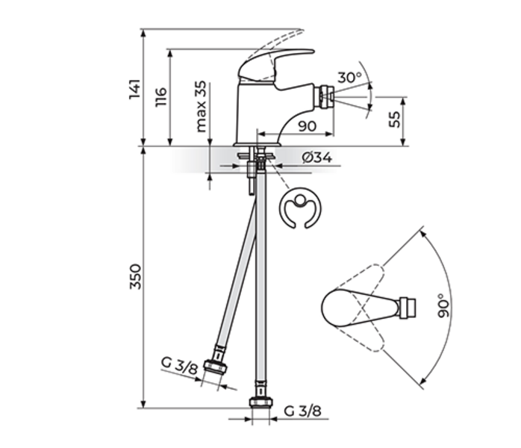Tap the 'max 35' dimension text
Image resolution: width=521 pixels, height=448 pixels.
coord(200,107)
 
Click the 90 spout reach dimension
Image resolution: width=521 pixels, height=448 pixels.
coord(306,126)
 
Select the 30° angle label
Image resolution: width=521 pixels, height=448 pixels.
coord(349,77)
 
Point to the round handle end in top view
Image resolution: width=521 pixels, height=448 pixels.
coord(334,307)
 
